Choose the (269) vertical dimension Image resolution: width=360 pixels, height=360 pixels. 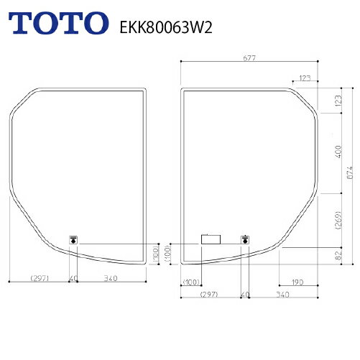tap(338, 219)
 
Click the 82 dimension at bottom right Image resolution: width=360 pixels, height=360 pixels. tap(338, 254)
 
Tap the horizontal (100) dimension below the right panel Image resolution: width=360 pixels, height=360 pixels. tap(191, 282)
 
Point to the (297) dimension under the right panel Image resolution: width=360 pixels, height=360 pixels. tap(210, 295)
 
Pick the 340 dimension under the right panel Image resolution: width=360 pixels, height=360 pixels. tap(282, 295)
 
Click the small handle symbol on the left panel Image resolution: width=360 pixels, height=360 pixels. tap(73, 240)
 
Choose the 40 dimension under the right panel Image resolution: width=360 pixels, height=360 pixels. tap(245, 295)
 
